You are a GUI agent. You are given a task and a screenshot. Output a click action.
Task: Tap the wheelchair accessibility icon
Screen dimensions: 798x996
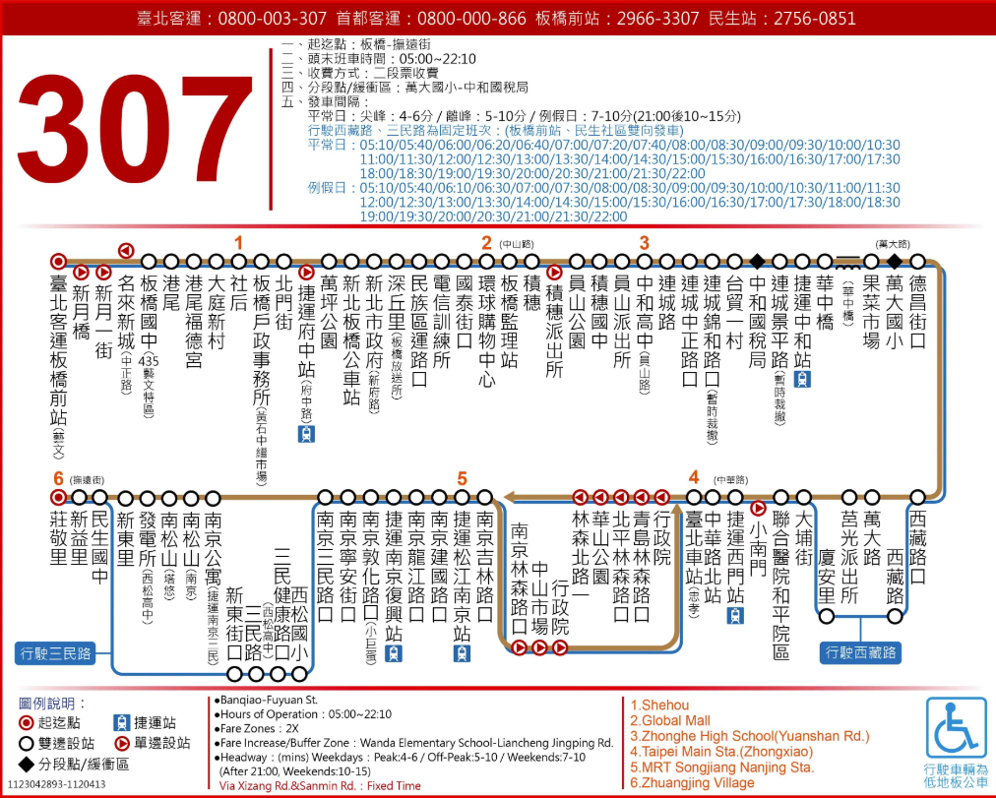[x=956, y=728]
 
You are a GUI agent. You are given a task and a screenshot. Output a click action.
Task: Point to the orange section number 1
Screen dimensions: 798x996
[x=237, y=242]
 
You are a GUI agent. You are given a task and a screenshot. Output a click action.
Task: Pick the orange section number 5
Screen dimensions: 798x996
[x=462, y=478]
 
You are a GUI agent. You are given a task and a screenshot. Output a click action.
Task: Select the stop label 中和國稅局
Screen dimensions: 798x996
[x=757, y=321]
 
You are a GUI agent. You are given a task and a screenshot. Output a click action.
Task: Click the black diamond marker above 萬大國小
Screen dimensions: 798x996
[x=894, y=261]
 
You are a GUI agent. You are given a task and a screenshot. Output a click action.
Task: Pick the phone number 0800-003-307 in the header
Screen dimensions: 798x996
[x=272, y=19]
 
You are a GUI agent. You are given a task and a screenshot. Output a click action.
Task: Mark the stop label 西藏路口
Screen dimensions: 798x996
[x=917, y=548]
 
